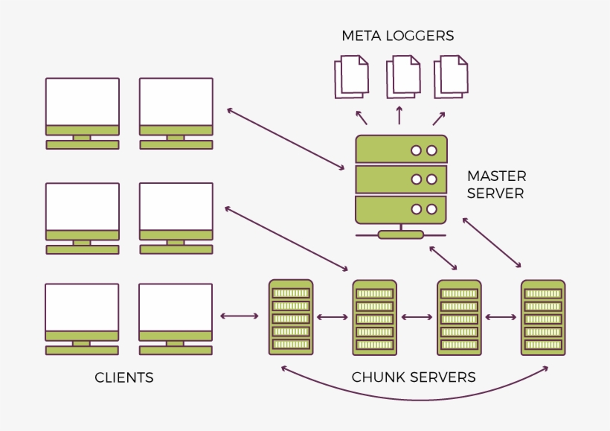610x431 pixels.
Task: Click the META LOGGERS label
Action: click(x=397, y=36)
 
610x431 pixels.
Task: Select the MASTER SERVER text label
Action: click(x=496, y=185)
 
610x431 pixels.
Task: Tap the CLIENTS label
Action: click(x=124, y=377)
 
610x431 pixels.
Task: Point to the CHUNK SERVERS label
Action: click(x=414, y=377)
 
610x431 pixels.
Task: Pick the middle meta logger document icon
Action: click(x=402, y=77)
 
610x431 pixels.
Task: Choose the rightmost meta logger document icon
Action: click(x=452, y=77)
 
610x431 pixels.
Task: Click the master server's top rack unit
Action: click(x=401, y=150)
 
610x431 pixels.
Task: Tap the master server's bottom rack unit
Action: click(x=401, y=209)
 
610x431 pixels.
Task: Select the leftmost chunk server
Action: click(x=291, y=316)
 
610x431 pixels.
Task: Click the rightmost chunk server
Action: click(x=543, y=316)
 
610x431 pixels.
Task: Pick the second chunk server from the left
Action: click(x=374, y=316)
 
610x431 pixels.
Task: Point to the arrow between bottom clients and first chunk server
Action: click(x=240, y=317)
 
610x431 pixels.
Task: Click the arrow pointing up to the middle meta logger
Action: click(x=399, y=115)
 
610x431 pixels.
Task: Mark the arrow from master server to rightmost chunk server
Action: click(x=492, y=243)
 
